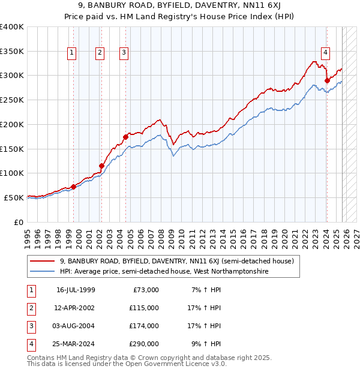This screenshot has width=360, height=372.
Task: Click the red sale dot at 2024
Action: (327, 80)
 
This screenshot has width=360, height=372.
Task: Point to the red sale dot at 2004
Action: (126, 137)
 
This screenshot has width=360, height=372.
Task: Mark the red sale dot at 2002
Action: (101, 166)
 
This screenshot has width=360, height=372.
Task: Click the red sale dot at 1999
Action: (74, 187)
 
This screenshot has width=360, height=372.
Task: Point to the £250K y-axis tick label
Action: (12, 100)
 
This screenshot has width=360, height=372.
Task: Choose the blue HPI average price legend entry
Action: (164, 272)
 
